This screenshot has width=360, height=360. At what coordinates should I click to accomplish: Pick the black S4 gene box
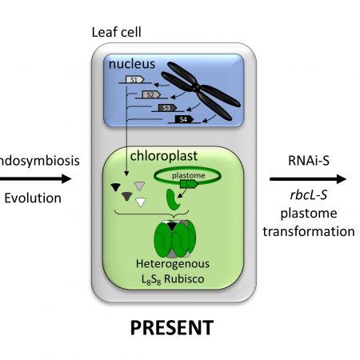tap(183, 119)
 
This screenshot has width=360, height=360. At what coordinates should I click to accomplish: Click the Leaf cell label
tap(119, 32)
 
